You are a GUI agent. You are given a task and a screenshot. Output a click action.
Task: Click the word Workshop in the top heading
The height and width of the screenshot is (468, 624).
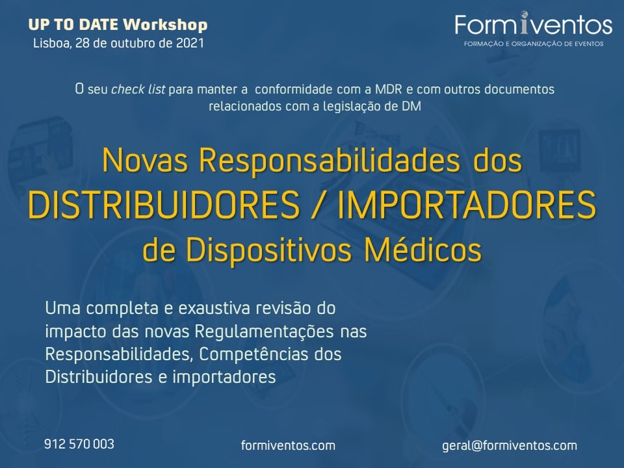[x=166, y=25]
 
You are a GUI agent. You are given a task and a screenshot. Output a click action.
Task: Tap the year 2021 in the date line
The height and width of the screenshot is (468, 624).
[x=190, y=43]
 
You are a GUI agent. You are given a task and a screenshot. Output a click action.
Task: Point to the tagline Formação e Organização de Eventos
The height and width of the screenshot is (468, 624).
[x=534, y=44]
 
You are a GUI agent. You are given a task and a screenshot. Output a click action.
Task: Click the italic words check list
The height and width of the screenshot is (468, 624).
[x=138, y=89]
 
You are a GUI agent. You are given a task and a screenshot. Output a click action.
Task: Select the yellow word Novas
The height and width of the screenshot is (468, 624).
[x=145, y=161]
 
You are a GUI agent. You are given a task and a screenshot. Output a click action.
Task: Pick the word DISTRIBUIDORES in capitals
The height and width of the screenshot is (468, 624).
[x=164, y=205]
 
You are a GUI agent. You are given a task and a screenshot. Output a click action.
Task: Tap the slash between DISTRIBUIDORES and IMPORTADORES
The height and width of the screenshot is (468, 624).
[x=318, y=205]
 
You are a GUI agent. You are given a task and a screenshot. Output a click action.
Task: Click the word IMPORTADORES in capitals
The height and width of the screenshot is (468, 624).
[x=467, y=205]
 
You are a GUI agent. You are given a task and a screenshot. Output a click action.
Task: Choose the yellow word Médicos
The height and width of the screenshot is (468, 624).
[x=423, y=250]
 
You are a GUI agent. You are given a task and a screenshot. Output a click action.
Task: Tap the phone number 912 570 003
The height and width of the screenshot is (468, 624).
[x=79, y=444]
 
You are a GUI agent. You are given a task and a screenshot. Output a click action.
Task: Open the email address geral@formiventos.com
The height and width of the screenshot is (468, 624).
[x=510, y=446]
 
